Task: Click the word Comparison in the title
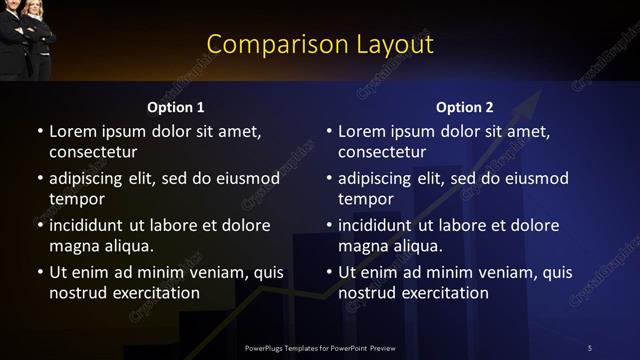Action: click(x=265, y=44)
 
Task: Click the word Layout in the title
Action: click(x=389, y=44)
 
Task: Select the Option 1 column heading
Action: click(x=176, y=107)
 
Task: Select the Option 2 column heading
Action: click(x=465, y=107)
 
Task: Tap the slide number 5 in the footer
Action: click(x=589, y=347)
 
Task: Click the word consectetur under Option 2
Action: click(x=383, y=152)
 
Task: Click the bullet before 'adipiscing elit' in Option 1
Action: click(x=40, y=179)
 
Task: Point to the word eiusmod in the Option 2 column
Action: click(x=533, y=178)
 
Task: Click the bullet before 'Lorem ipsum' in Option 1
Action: click(x=40, y=132)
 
